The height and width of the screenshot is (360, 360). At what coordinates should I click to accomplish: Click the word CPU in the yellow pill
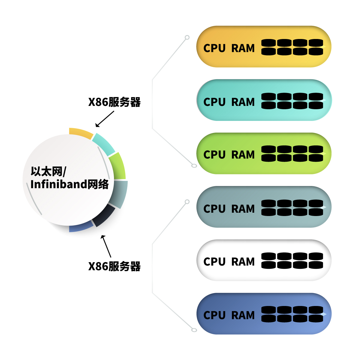point(214,48)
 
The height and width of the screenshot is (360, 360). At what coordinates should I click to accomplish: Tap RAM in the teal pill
point(243,102)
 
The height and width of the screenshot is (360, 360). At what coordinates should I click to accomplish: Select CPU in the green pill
point(214,155)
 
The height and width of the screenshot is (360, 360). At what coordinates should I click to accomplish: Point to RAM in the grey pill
point(243,209)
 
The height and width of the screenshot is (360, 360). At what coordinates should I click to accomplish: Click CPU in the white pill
point(214,262)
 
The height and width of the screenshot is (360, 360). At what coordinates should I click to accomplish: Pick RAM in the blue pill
point(243,315)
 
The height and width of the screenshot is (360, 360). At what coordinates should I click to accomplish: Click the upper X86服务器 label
point(114,102)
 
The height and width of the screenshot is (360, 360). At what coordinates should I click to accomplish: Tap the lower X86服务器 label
point(114,266)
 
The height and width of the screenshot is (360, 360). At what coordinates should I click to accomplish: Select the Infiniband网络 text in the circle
point(70,184)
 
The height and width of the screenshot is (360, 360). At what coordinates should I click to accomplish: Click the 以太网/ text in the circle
point(48,172)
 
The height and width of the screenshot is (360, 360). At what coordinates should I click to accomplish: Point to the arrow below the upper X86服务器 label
point(105,119)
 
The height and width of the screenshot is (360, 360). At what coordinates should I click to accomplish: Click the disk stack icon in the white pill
point(292,260)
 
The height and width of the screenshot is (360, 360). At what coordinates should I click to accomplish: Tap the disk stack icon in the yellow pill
point(292,47)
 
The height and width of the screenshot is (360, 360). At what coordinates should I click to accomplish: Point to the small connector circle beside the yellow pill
point(187,37)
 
